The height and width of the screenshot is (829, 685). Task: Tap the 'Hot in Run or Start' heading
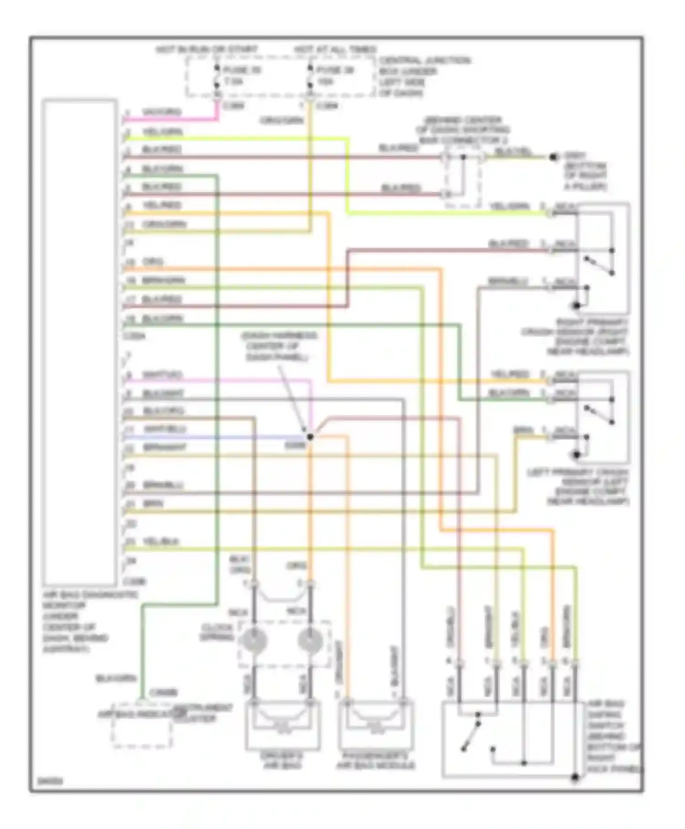[x=207, y=49]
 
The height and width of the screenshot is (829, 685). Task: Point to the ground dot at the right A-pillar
[x=553, y=157]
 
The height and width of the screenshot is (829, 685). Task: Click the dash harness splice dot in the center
[x=310, y=437]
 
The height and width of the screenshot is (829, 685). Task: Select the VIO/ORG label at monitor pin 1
[x=162, y=112]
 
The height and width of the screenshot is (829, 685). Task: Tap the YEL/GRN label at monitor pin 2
[x=163, y=132]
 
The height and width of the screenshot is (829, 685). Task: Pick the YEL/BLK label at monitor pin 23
[x=161, y=542]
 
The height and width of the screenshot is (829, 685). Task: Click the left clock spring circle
[x=252, y=640]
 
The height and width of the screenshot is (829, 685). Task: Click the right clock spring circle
[x=311, y=640]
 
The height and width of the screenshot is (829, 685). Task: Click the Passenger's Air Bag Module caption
[x=375, y=760]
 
